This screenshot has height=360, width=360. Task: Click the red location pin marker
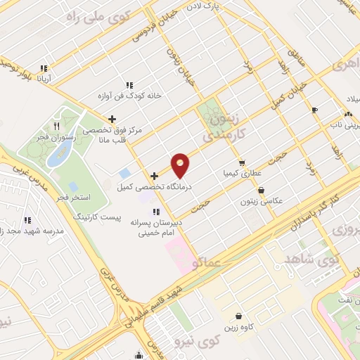coord(181,165)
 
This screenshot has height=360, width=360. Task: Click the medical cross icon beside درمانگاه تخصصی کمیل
coord(154,175)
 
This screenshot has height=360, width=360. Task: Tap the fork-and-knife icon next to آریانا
coord(44,69)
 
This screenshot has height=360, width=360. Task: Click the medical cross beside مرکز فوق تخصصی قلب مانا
coord(112,119)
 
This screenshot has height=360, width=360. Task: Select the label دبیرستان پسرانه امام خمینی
coord(160,226)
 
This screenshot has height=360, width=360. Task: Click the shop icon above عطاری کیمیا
coord(242,162)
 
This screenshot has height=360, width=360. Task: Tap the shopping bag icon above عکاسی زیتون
coord(262,189)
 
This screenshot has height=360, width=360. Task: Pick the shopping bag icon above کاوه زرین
coord(240,316)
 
